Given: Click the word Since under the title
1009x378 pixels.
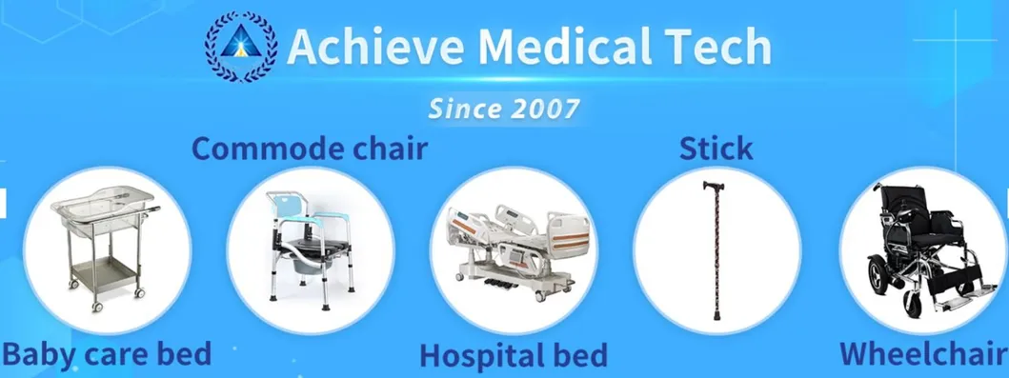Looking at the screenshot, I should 462,108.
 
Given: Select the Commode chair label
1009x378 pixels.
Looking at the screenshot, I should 310,149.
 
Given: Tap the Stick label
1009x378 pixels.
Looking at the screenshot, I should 716,149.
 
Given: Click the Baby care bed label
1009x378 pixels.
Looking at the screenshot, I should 106,354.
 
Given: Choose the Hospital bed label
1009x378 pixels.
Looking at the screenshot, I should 514,356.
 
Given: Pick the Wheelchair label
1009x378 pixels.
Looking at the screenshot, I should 922,353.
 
